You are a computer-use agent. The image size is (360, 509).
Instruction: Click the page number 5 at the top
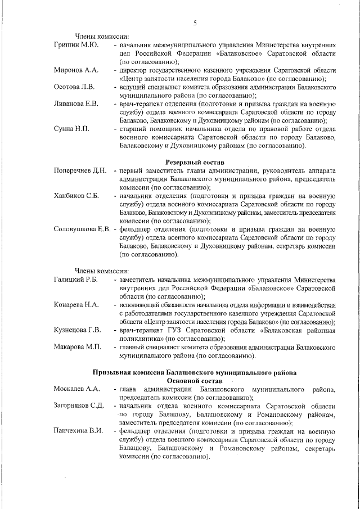pos(195,23)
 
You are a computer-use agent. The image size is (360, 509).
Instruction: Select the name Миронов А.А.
pos(76,70)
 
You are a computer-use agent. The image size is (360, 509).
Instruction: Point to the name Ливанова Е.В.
pos(76,104)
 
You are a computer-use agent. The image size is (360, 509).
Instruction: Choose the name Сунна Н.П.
pos(71,129)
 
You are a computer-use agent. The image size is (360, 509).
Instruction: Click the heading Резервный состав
pos(195,161)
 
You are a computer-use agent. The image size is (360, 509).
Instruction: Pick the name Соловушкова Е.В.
pos(82,229)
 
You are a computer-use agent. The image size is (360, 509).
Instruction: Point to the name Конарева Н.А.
pos(76,305)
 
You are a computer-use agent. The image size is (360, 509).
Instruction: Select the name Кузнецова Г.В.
pos(78,330)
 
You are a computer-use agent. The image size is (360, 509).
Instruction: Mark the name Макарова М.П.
pos(78,347)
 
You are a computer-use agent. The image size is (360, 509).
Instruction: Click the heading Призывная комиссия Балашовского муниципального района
pos(195,373)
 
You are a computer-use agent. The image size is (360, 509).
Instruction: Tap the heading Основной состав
pos(195,381)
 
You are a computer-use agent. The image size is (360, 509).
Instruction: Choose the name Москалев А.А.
pos(77,390)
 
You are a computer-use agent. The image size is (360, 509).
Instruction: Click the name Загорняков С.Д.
pos(79,406)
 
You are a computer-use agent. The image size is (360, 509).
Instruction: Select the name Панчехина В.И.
pos(79,431)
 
